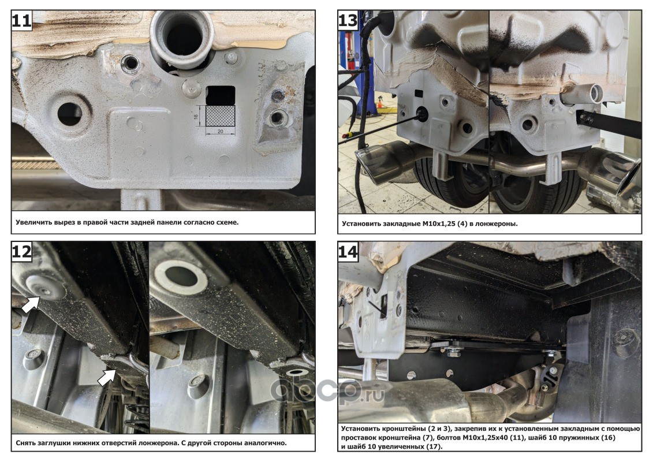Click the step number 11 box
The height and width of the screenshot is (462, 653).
pyautogui.click(x=22, y=20)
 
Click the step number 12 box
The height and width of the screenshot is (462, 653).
pyautogui.click(x=22, y=251)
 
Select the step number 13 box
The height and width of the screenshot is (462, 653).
pyautogui.click(x=348, y=20)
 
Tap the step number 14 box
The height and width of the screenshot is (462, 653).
pyautogui.click(x=348, y=251)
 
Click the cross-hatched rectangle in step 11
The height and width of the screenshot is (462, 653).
pyautogui.click(x=221, y=115)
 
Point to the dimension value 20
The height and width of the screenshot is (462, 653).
pyautogui.click(x=221, y=131)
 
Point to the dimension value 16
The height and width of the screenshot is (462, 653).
pyautogui.click(x=196, y=116)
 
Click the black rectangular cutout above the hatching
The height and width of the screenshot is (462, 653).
pyautogui.click(x=221, y=95)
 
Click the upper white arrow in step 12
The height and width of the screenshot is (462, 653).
pyautogui.click(x=31, y=304)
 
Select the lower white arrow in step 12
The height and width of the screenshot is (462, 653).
pyautogui.click(x=107, y=377)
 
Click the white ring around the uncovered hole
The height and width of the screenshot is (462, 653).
pyautogui.click(x=181, y=276)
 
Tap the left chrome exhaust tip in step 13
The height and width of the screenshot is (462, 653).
pyautogui.click(x=382, y=162)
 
